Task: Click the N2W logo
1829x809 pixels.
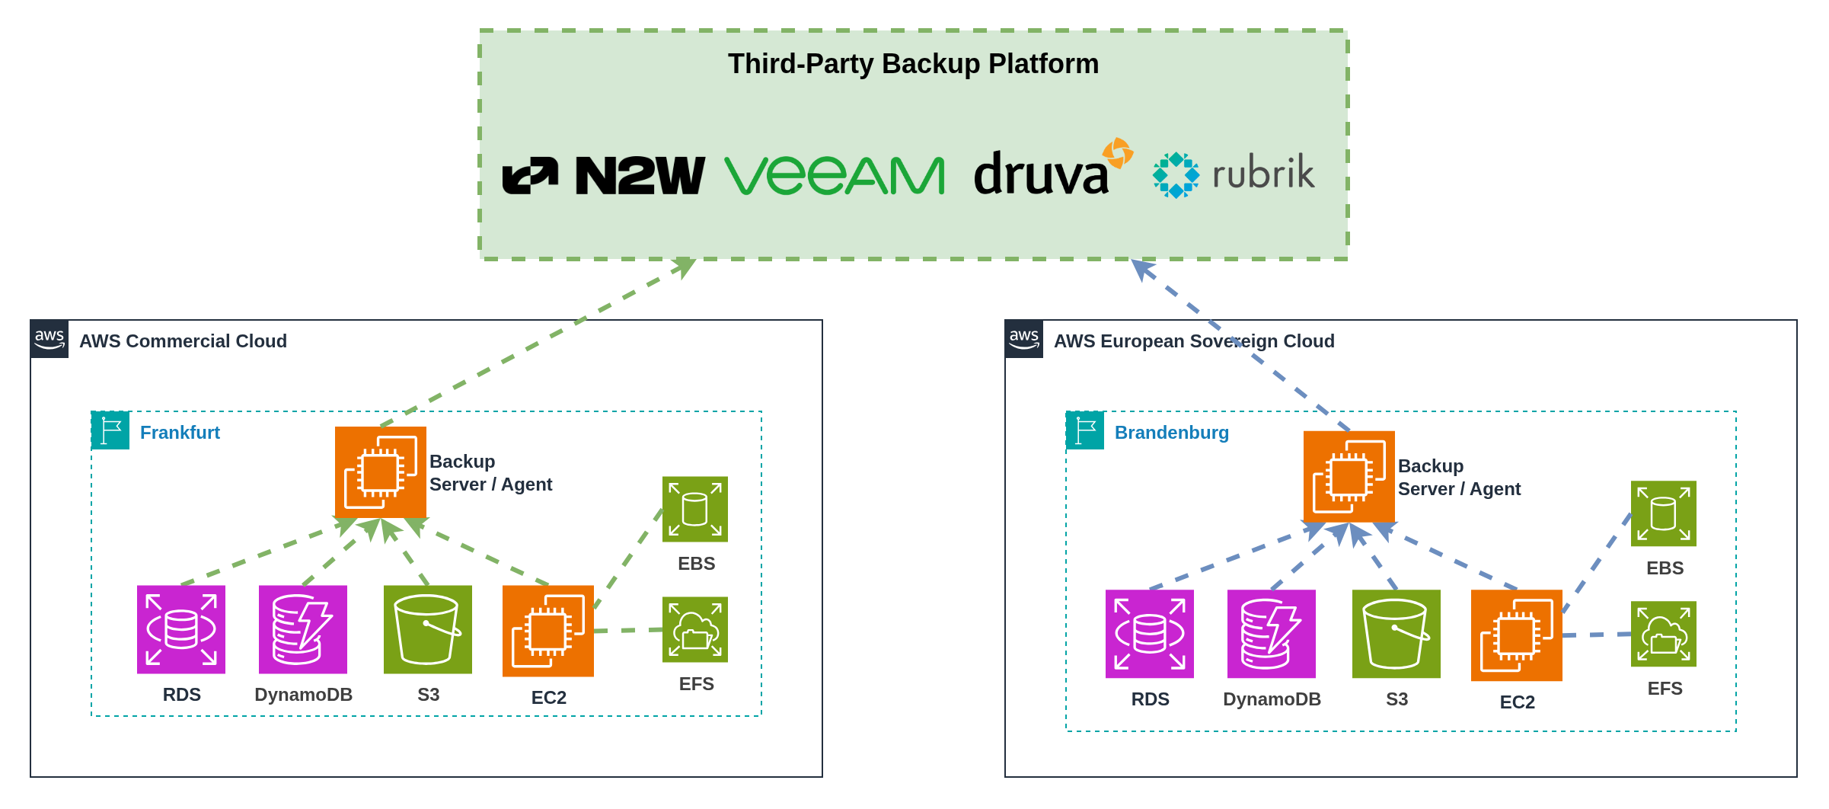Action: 604,175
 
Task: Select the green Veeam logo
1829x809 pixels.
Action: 835,175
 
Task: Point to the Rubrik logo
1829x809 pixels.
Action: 1234,174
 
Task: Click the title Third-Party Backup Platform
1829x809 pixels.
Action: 913,64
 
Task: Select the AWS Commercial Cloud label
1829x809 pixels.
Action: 183,341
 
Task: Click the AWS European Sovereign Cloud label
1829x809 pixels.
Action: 1193,341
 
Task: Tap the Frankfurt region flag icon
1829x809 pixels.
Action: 110,430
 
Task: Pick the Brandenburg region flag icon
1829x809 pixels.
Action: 1085,430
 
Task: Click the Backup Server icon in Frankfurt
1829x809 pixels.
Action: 381,472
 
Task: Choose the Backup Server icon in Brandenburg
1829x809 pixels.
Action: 1349,477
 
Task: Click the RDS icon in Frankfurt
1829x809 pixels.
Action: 181,629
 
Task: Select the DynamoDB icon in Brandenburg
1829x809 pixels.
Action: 1271,634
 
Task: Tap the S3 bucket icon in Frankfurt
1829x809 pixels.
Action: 428,629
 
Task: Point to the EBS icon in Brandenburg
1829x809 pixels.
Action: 1663,513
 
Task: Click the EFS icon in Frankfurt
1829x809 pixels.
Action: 695,629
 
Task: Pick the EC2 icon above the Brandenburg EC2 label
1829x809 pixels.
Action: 1516,635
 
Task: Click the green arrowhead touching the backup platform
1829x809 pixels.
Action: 685,267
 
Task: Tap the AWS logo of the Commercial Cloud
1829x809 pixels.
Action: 49,339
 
